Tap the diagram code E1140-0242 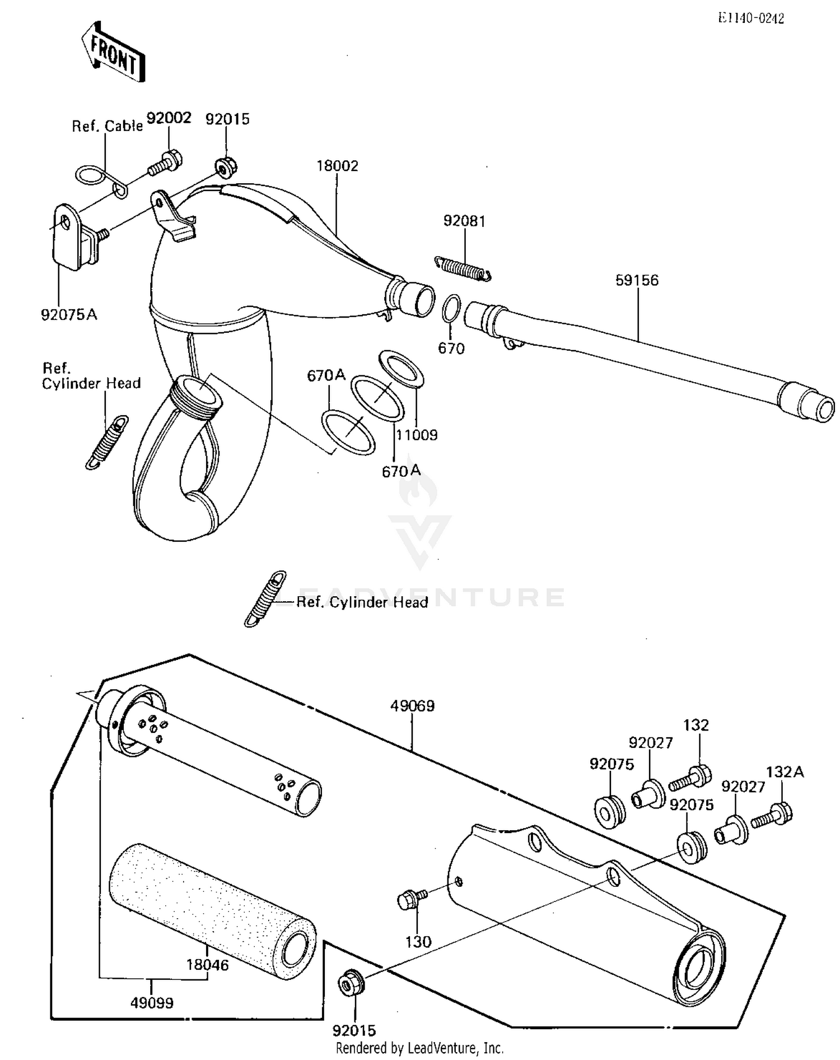(x=752, y=18)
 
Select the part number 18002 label (x=337, y=166)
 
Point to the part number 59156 (x=637, y=280)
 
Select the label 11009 (x=417, y=435)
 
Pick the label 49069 (x=412, y=706)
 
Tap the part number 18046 (x=208, y=965)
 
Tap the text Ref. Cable (x=107, y=126)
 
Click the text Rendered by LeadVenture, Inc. (x=419, y=1048)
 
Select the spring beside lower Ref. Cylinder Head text (x=265, y=598)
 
